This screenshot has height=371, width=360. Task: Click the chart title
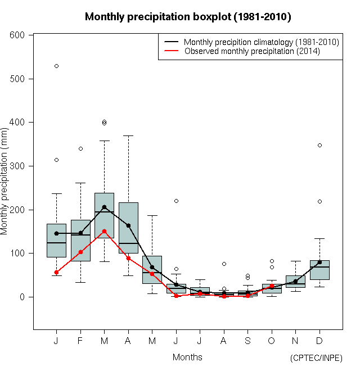(x=187, y=17)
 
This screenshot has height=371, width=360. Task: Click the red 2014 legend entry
(x=251, y=51)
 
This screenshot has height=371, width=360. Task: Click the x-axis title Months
(x=187, y=357)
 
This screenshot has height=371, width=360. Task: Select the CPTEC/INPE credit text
(x=316, y=358)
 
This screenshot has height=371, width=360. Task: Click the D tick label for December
(x=319, y=341)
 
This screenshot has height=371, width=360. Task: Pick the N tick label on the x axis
(x=295, y=341)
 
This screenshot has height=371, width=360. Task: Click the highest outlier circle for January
(x=56, y=66)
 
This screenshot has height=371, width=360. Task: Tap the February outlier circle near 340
(x=80, y=148)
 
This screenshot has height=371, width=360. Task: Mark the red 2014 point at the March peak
(x=104, y=231)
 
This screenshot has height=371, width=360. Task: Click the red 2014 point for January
(x=56, y=272)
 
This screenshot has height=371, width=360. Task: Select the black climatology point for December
(x=319, y=262)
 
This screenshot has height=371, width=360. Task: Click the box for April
(x=128, y=228)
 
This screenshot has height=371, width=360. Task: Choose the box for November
(x=295, y=282)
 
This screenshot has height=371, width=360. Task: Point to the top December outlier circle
(x=319, y=145)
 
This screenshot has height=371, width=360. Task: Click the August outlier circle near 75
(x=224, y=264)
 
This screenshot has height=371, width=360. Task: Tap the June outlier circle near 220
(x=176, y=201)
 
